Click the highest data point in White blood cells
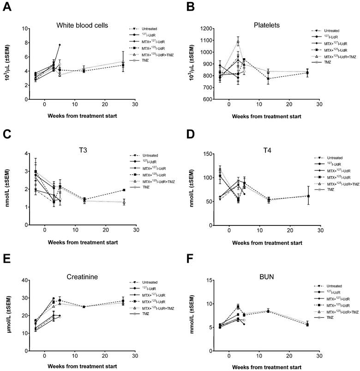[60, 45]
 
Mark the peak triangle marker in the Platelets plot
[238, 42]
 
